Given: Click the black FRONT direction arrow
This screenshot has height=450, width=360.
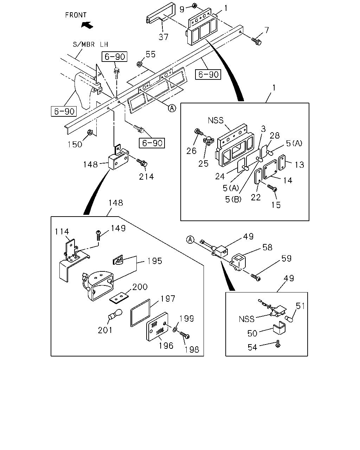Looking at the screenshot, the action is coord(87,25).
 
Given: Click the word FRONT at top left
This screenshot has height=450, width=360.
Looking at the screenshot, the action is coord(76,15).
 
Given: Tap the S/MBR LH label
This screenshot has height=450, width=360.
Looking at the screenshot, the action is coord(90,44).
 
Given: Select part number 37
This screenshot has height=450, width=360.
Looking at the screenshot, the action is coord(163,37).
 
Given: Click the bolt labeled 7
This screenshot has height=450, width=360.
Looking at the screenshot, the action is coord(256,41).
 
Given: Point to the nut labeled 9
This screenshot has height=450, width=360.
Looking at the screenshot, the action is coord(194,5).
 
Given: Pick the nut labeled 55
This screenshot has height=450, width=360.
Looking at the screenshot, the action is coord(139,64).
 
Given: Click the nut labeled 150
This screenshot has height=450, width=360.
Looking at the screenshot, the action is coord(90,132).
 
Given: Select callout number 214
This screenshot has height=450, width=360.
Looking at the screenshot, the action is coord(147,177).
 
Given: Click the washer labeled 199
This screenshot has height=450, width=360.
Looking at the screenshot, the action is coord(175,330).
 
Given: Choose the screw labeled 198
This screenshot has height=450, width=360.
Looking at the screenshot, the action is coord(185,335).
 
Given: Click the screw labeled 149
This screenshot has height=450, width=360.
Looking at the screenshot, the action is coord(98,235).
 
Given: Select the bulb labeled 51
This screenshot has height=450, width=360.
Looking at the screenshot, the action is coord(289,319).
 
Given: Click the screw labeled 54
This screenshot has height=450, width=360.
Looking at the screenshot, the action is coord(278,344).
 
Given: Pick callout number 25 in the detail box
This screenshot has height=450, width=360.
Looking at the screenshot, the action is coord(203,163).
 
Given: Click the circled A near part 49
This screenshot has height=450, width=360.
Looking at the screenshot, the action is coord(190,240).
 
